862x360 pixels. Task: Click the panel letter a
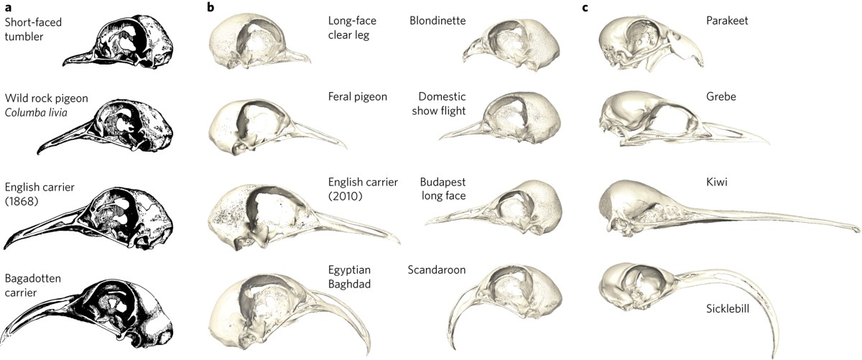(x=8, y=8)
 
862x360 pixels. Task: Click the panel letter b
(x=211, y=8)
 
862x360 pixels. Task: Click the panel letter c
(x=585, y=8)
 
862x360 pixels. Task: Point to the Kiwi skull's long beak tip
(x=856, y=230)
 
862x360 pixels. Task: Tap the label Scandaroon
(x=436, y=269)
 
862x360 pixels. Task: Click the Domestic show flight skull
(x=503, y=115)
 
